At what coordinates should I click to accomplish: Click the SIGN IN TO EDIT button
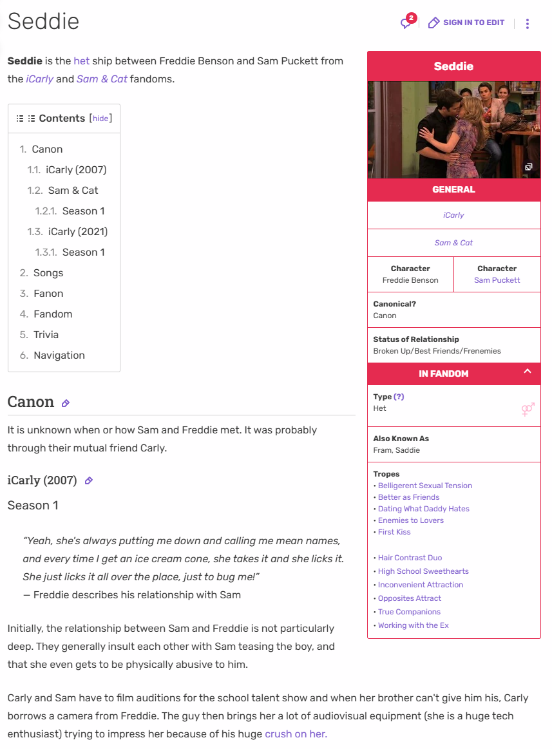click(x=466, y=23)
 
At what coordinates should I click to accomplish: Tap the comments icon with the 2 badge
click(x=406, y=23)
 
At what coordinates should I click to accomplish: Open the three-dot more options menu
click(x=527, y=24)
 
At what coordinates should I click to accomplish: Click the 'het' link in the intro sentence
click(x=81, y=61)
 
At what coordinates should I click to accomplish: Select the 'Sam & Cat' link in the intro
click(x=102, y=79)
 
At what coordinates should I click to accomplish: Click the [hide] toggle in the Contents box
click(x=100, y=119)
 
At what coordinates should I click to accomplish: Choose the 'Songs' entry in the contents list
click(x=48, y=273)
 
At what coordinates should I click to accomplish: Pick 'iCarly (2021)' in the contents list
click(x=78, y=232)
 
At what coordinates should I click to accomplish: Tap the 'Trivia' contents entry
click(x=46, y=335)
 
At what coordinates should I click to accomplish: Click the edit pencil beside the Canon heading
click(x=65, y=403)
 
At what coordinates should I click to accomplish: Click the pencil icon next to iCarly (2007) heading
click(x=89, y=480)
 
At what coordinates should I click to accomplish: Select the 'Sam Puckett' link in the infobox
click(x=497, y=280)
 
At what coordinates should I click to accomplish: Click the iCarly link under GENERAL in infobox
click(x=453, y=215)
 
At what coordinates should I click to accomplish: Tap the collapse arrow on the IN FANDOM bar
click(x=527, y=372)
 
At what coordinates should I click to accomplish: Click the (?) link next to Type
click(x=399, y=397)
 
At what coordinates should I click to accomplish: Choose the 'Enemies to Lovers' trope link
click(x=411, y=520)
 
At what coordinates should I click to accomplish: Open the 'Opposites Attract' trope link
click(x=410, y=598)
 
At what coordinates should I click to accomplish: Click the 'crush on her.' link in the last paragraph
click(x=296, y=734)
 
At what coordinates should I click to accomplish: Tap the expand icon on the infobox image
click(x=528, y=167)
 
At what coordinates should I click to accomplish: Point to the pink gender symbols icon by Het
click(x=528, y=410)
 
